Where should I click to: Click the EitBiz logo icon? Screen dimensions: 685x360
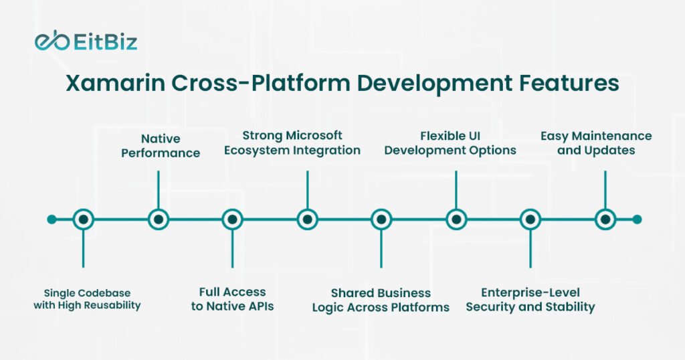(x=52, y=41)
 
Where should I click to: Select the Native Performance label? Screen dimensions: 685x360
(x=161, y=146)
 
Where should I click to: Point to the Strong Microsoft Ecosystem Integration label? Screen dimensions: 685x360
(x=292, y=143)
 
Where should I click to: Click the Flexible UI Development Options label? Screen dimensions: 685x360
(x=450, y=143)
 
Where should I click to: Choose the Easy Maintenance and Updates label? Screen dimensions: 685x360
(x=596, y=143)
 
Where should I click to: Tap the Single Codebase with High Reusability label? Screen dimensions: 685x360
(x=87, y=299)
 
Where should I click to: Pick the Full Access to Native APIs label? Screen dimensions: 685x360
(x=232, y=299)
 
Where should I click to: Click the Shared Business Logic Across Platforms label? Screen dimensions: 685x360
(x=381, y=300)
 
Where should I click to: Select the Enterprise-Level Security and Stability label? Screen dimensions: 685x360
(x=530, y=300)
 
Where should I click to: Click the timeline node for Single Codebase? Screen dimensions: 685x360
(x=84, y=219)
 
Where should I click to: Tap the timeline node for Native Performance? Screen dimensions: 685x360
(x=158, y=219)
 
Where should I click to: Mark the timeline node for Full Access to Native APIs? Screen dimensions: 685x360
(x=232, y=219)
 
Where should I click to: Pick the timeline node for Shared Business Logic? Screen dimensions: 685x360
(x=381, y=219)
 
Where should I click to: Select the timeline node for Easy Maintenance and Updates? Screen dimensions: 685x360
(x=605, y=219)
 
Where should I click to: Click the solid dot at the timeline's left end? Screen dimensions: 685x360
(x=52, y=219)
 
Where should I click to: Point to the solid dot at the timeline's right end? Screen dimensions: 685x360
(x=637, y=219)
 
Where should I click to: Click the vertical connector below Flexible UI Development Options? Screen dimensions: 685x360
(x=456, y=189)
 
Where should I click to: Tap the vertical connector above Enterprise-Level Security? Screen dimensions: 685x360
(x=530, y=249)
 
